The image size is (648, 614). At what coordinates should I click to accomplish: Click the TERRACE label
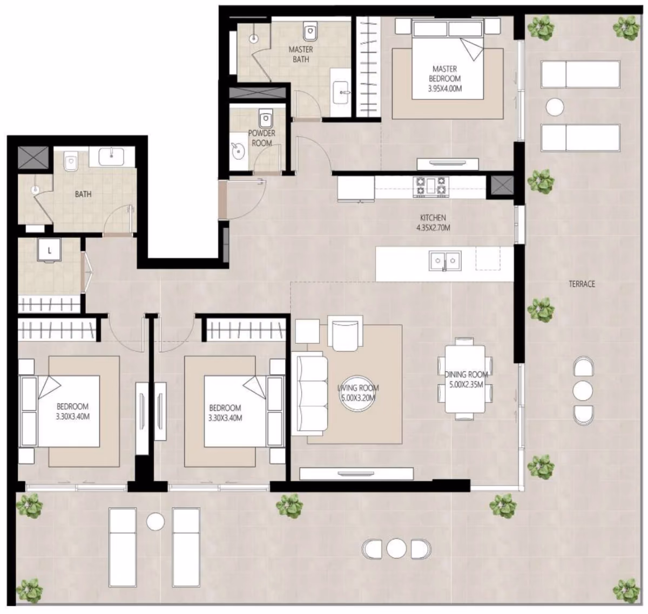[582, 284]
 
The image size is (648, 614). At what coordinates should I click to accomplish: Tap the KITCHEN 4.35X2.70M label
[433, 222]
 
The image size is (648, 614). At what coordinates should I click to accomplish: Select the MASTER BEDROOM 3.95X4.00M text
[444, 78]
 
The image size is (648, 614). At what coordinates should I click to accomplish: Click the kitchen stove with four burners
[432, 187]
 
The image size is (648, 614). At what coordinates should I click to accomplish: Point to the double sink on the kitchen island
[444, 260]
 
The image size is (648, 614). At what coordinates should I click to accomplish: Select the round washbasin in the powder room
[237, 152]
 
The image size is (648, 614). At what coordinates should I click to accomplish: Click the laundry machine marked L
[50, 251]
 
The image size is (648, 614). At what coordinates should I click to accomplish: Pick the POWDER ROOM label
[261, 138]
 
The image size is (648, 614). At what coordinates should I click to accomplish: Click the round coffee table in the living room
[357, 394]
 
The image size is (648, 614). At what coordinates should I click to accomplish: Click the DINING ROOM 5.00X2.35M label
[466, 379]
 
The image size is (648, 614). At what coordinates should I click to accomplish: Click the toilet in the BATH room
[70, 162]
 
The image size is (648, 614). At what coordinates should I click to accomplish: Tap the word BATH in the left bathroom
[83, 194]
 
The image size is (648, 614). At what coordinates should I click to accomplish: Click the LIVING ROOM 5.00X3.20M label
[357, 393]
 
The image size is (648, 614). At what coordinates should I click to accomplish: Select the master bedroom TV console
[447, 163]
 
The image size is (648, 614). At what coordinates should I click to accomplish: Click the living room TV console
[356, 474]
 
